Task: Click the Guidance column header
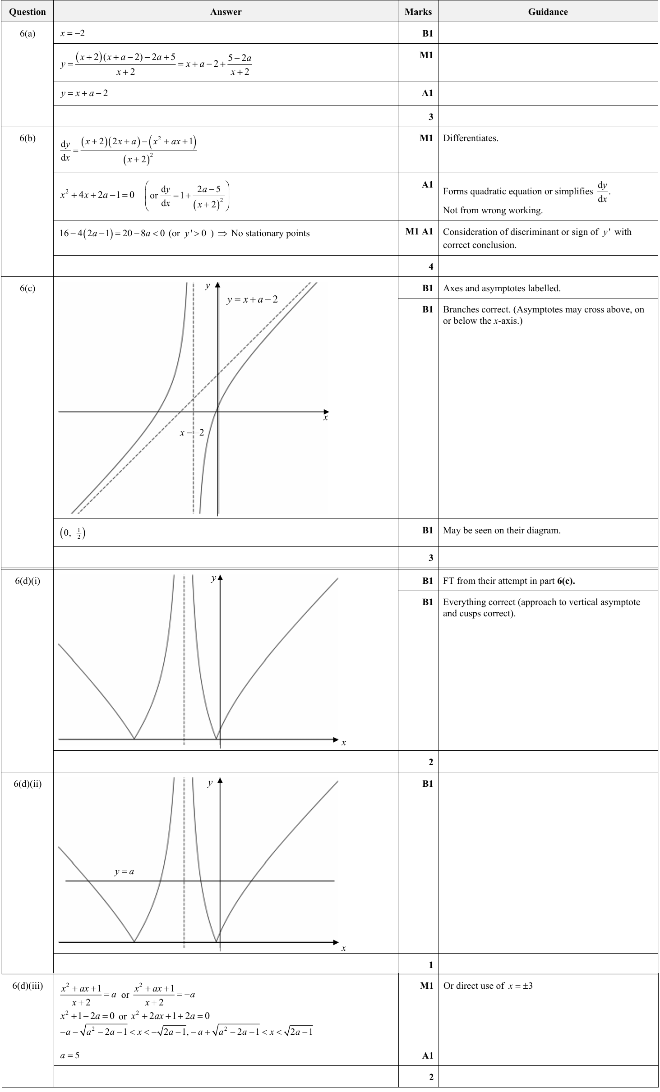point(548,12)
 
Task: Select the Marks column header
point(418,12)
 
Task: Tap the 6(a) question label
point(28,33)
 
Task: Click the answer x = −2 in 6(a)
point(73,33)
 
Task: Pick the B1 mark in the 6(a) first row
point(427,33)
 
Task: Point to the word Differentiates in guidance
point(471,138)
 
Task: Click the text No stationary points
point(270,234)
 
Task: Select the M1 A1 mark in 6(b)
point(419,232)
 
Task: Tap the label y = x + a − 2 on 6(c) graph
point(252,300)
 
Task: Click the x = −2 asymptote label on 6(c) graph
point(192,433)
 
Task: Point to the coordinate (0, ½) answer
point(73,533)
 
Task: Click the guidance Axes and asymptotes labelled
point(502,289)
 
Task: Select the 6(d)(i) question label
point(28,581)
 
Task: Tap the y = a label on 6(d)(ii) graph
point(124,872)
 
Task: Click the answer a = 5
point(70,1055)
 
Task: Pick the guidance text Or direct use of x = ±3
point(488,986)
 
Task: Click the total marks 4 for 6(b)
point(430,266)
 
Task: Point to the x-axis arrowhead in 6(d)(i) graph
point(336,739)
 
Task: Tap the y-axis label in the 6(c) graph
point(208,286)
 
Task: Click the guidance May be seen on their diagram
point(502,531)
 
